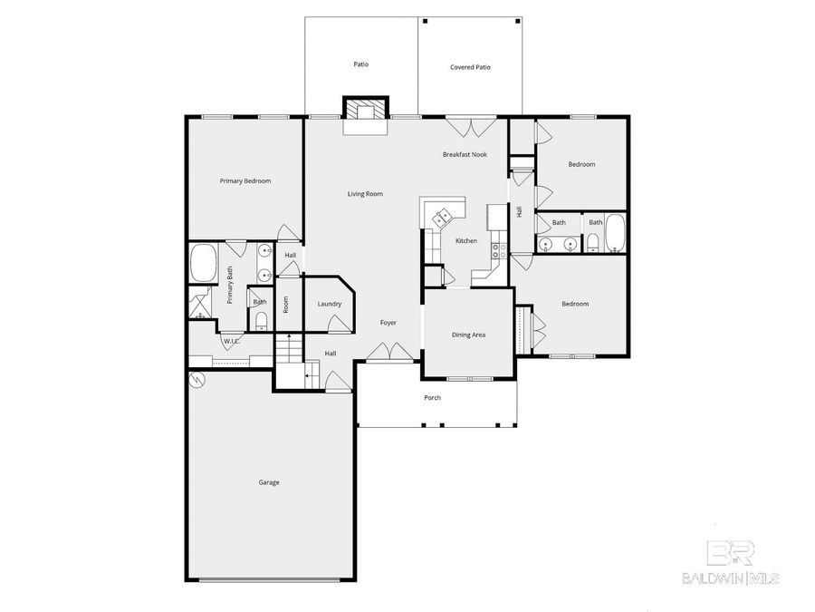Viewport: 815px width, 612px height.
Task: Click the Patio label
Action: [x=360, y=64]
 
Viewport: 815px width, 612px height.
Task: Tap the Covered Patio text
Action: [x=470, y=67]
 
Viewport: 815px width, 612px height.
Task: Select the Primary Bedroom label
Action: [x=244, y=181]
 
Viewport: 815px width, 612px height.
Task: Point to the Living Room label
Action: [x=366, y=194]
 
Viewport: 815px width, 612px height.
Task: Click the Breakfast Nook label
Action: [x=465, y=154]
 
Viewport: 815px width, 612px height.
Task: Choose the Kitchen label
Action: [x=465, y=240]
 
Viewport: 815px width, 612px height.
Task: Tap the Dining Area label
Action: [x=468, y=335]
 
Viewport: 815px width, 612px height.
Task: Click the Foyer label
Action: [x=388, y=323]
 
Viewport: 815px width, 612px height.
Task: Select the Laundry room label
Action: [x=329, y=304]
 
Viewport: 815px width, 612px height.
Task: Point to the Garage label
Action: [x=269, y=482]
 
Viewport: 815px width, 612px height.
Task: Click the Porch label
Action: [x=433, y=398]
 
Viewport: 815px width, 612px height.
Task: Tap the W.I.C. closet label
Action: [x=231, y=342]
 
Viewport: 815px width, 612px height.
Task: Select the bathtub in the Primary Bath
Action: [x=203, y=263]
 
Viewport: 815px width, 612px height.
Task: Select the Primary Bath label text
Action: [x=231, y=285]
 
